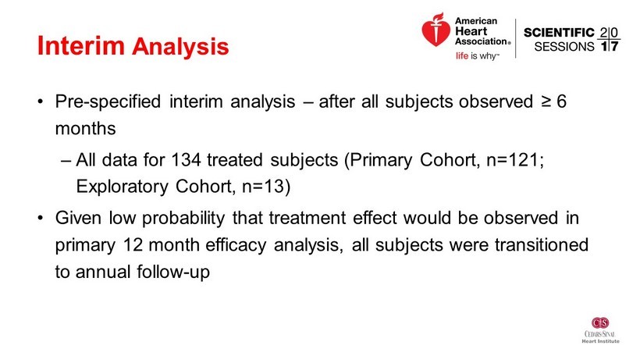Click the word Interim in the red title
tap(81, 46)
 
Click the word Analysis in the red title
tap(180, 47)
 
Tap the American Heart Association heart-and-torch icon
tap(436, 30)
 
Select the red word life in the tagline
tap(461, 56)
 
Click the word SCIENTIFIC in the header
tap(559, 33)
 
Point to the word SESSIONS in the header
tap(564, 47)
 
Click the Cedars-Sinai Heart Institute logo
tap(600, 330)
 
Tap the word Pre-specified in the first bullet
tap(108, 102)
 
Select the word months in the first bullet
tap(85, 129)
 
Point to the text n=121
tap(513, 159)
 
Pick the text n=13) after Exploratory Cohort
tap(266, 187)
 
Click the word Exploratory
tap(122, 187)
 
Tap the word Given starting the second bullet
tap(78, 218)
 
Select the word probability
tap(183, 219)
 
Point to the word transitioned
tap(542, 245)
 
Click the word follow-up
tap(173, 273)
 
